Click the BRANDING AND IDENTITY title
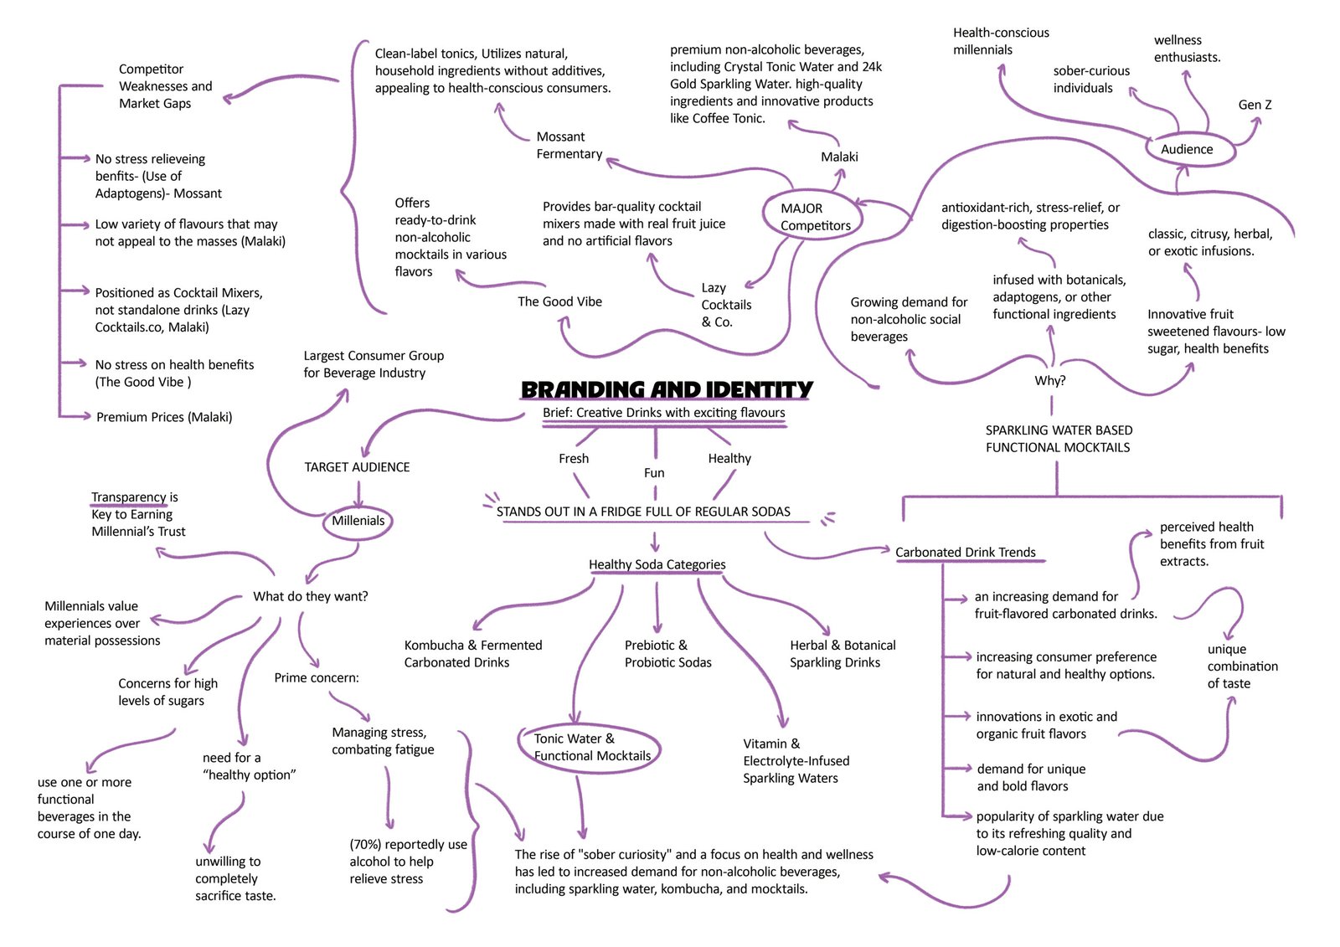point(667,390)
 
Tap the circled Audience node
point(1186,150)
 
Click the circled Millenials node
point(358,521)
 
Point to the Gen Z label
point(1255,106)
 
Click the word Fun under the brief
point(654,473)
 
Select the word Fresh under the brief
point(574,459)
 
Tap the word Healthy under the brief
point(729,459)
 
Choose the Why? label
point(1049,381)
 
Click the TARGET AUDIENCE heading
point(357,467)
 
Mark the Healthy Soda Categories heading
point(657,565)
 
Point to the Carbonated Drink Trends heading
point(965,553)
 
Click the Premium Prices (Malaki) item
point(164,417)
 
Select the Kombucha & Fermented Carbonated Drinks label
point(472,654)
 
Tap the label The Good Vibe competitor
point(559,302)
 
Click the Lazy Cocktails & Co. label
point(725,305)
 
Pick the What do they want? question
point(310,597)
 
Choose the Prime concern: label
point(316,678)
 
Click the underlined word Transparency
point(129,497)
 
